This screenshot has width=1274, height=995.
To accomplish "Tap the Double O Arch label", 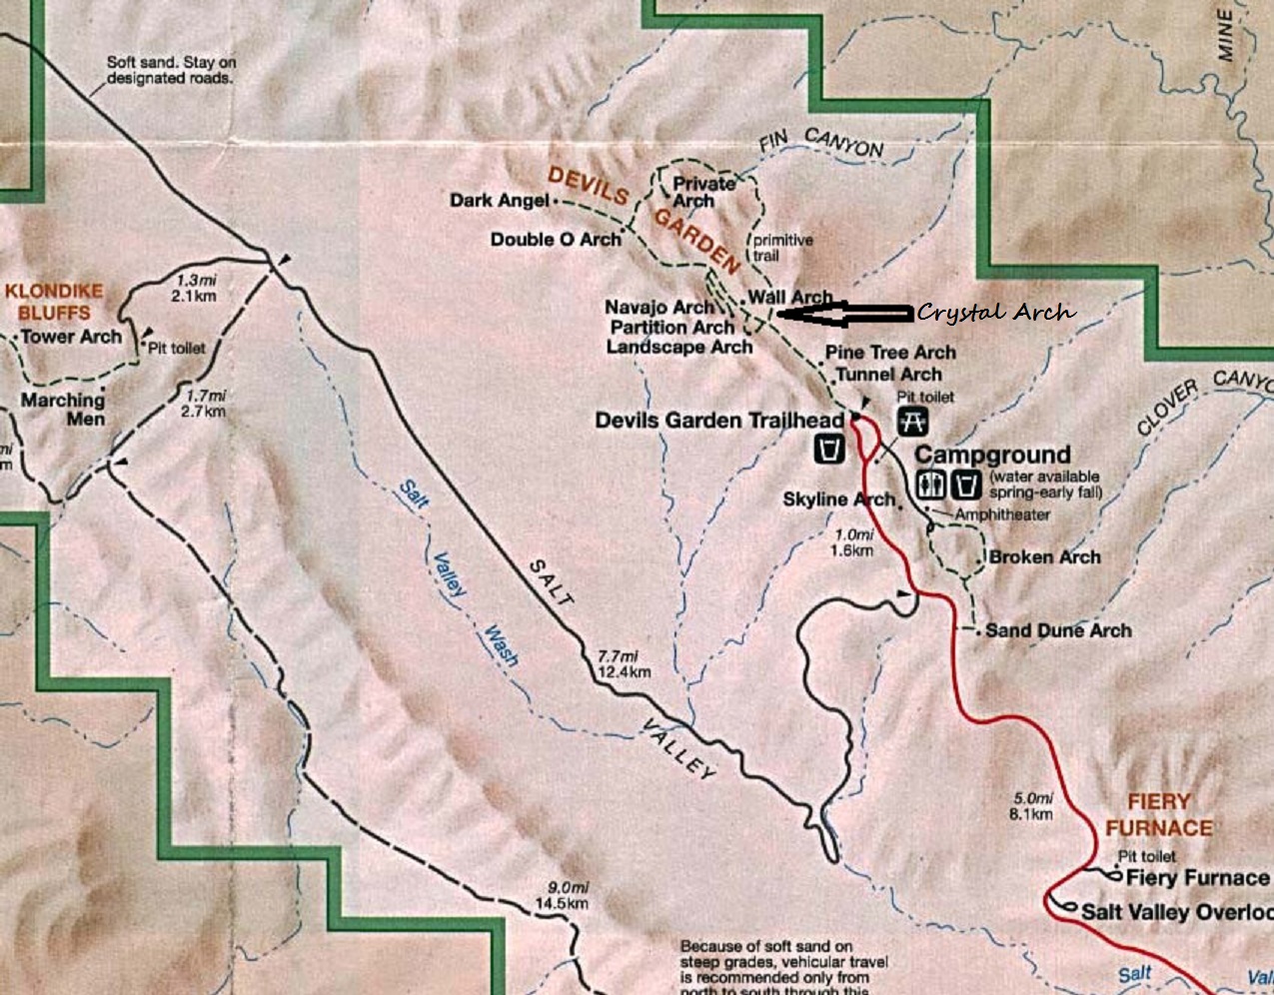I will coord(556,240).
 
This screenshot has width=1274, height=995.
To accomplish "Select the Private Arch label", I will coord(702,192).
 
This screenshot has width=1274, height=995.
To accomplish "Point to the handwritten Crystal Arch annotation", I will coord(995,313).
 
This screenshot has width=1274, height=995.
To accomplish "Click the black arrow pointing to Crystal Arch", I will coord(844,314).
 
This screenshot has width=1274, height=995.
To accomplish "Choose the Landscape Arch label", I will coord(678,347).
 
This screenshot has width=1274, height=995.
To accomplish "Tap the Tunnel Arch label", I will coord(888,375).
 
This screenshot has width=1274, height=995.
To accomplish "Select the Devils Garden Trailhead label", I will coord(719,421).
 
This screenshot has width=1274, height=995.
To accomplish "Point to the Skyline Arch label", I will coord(838,498).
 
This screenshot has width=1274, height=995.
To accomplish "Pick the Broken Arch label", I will coord(1044,557).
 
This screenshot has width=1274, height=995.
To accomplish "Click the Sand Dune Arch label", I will coord(1058,630).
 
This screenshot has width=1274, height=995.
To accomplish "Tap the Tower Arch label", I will coord(71,337).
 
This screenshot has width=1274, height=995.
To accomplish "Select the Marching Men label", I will coord(63,410).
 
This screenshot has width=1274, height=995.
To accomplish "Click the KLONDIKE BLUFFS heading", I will coord(54,302).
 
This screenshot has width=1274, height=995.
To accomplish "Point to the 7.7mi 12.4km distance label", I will coord(623,663).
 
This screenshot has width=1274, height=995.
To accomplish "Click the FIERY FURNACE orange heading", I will coord(1158,814).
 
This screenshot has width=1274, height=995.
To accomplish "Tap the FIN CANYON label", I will coord(821,145).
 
